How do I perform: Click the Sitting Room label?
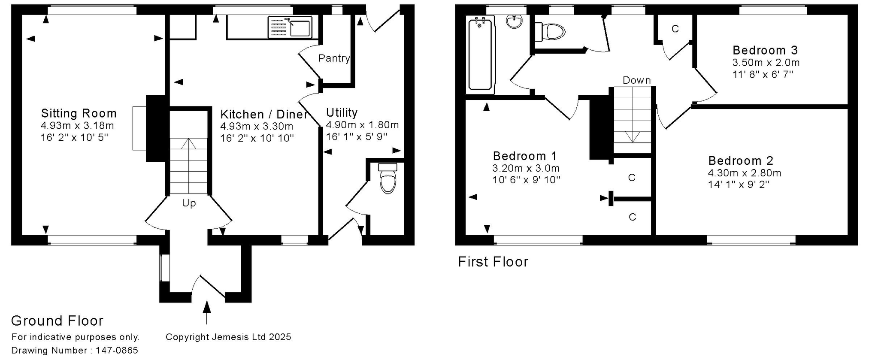[79, 113]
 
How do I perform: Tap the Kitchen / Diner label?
[264, 115]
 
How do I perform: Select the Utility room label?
[342, 113]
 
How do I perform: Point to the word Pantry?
[334, 58]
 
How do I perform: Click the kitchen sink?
[290, 27]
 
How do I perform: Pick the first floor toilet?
[550, 31]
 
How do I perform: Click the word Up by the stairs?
[189, 203]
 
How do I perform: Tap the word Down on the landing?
[637, 80]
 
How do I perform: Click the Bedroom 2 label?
[741, 161]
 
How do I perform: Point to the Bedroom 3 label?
[765, 50]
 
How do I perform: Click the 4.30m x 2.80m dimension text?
[745, 173]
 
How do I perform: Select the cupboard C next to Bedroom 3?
[675, 29]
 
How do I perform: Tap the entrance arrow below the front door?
[207, 312]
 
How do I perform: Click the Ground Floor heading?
[57, 321]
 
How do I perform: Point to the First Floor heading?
[493, 262]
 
